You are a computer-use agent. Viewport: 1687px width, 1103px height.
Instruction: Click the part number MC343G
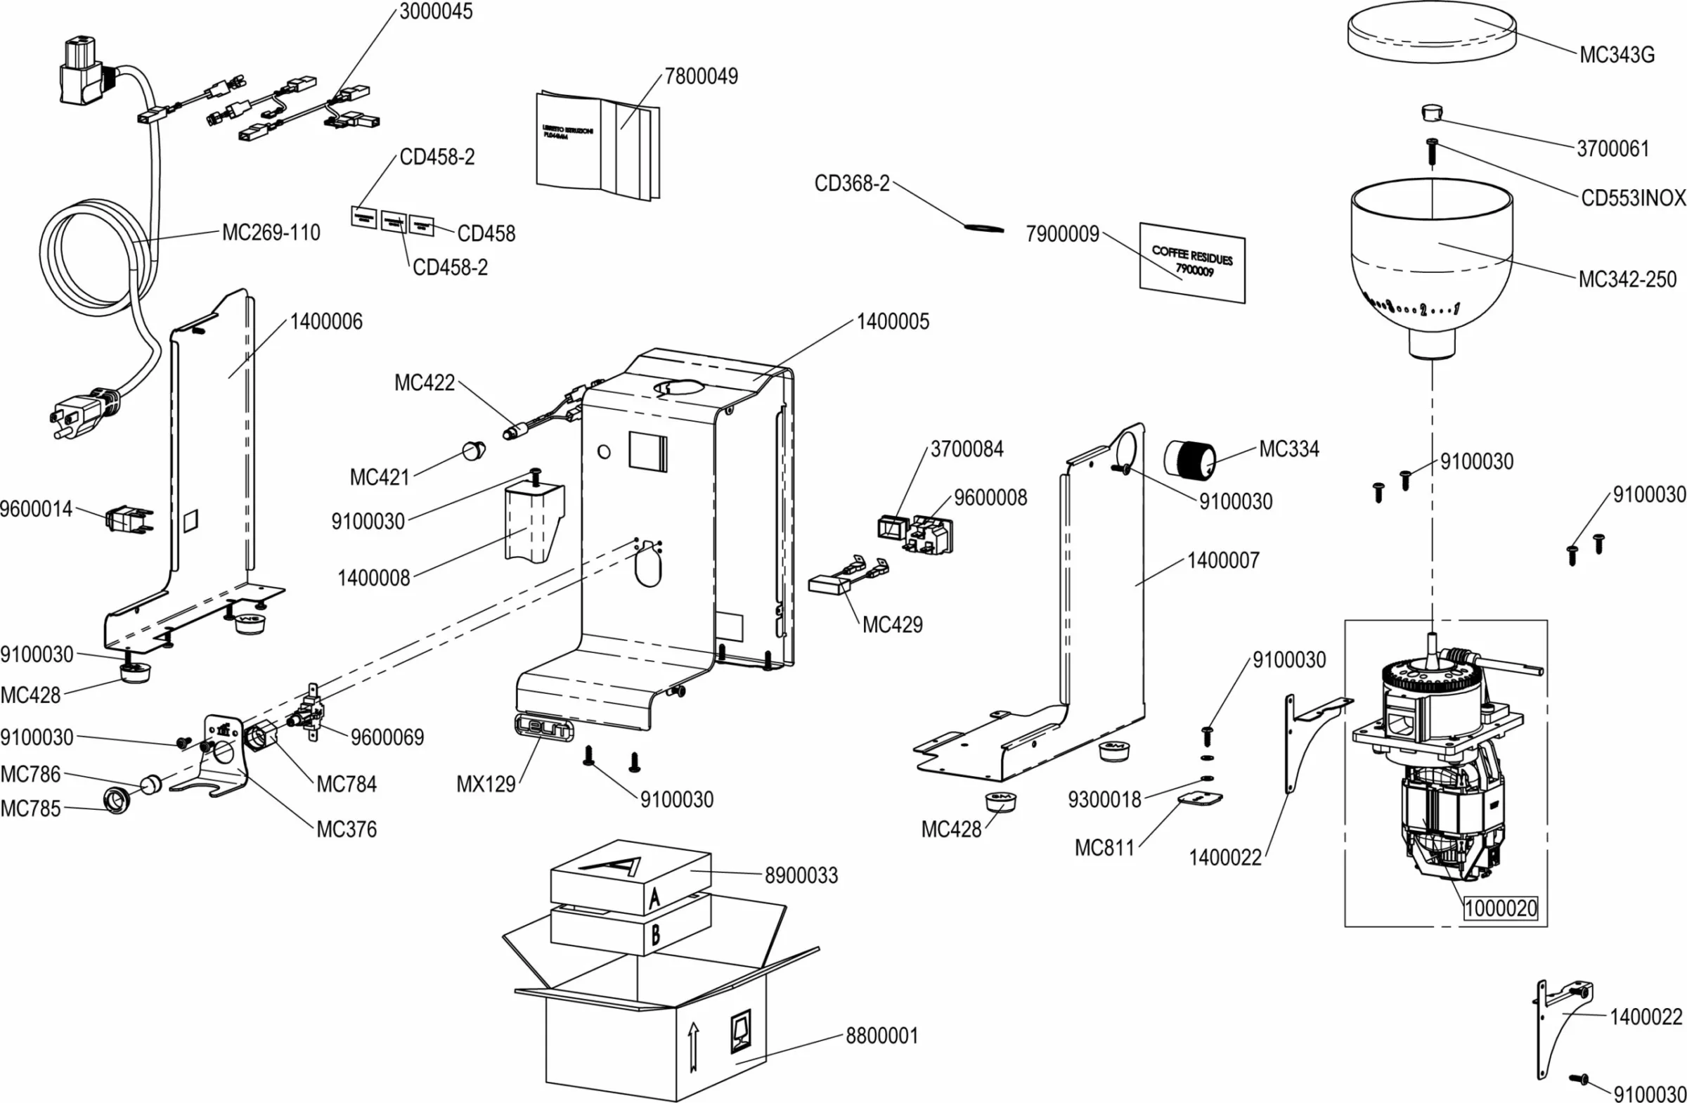1616,56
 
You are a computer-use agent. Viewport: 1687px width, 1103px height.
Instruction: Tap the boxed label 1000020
1501,908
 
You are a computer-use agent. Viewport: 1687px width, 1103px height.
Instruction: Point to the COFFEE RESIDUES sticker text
1191,256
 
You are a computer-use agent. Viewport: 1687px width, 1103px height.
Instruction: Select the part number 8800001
881,1036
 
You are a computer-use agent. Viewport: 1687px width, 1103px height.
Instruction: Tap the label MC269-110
271,233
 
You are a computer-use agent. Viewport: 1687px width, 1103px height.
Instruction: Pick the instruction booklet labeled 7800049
597,147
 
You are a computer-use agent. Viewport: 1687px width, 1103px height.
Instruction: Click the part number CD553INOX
1632,198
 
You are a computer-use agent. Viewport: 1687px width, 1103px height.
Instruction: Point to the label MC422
424,383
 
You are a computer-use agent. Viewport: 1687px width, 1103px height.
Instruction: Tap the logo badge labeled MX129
543,729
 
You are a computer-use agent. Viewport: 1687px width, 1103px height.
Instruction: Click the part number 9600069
387,737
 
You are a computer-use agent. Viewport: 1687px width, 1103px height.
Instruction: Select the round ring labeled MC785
117,800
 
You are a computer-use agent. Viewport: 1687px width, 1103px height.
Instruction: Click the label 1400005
892,322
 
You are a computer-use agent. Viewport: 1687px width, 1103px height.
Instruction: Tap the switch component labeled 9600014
129,519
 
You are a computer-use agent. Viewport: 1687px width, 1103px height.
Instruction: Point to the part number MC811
1104,847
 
